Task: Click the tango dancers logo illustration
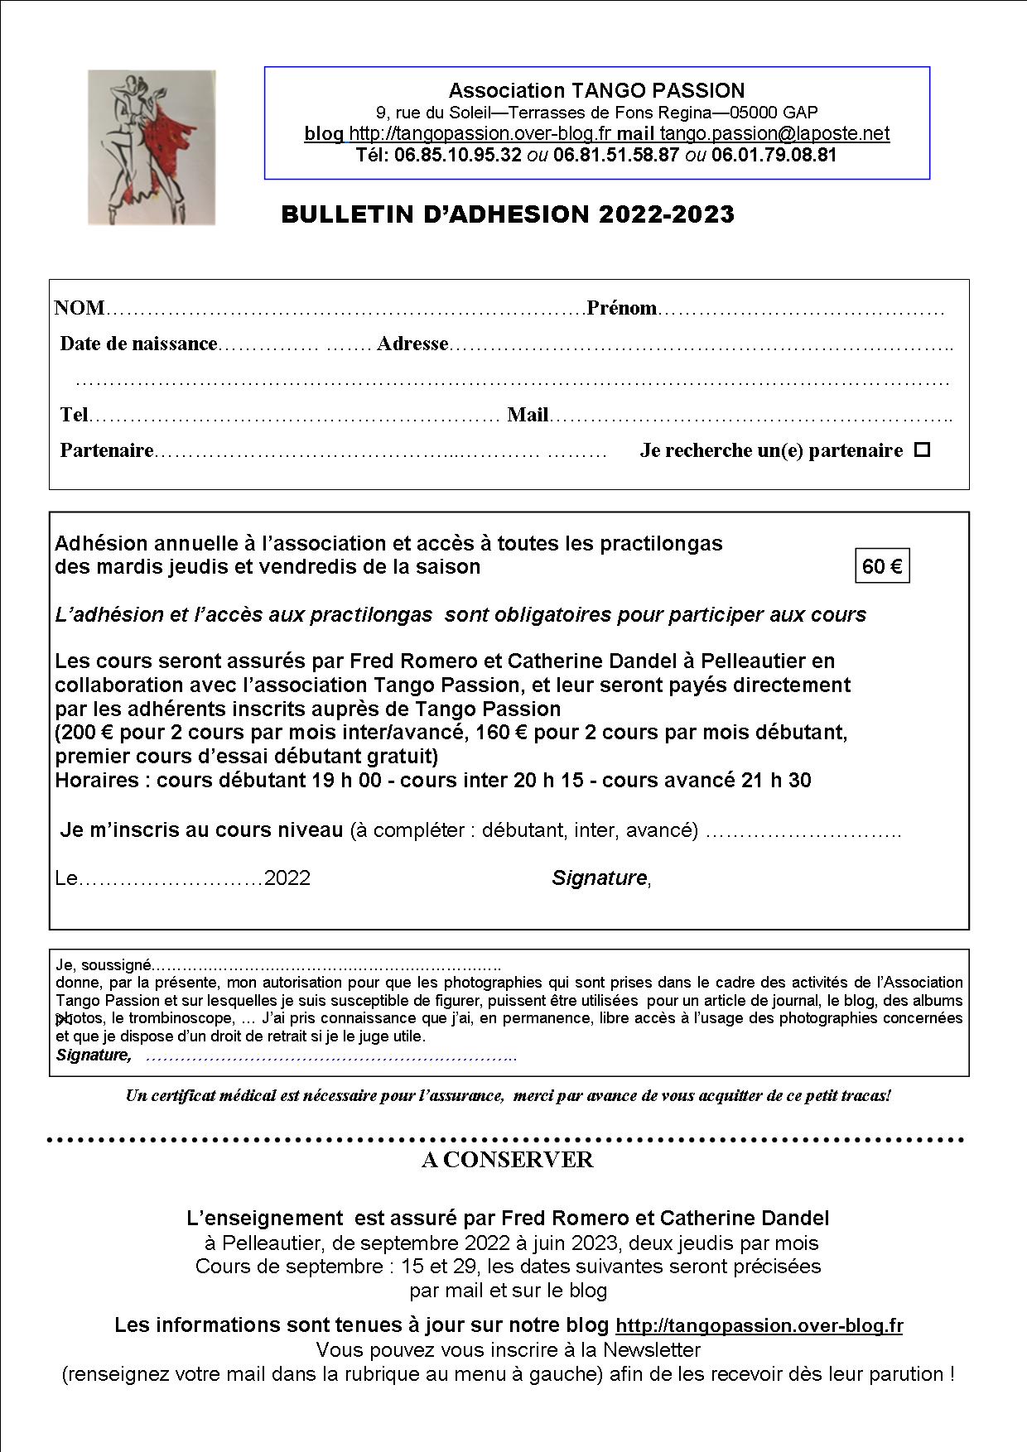point(152,147)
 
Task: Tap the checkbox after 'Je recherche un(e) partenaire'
point(922,450)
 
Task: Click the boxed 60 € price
point(882,566)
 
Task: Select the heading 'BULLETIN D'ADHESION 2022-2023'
point(508,214)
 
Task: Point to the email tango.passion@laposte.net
point(774,133)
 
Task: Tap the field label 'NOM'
point(79,309)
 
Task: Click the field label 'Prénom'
point(621,309)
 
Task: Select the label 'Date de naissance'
point(138,344)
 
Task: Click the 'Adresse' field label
point(412,344)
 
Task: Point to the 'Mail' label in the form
point(528,415)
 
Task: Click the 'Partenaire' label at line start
point(107,450)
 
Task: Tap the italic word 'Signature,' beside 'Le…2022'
point(600,877)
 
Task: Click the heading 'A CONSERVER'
point(508,1160)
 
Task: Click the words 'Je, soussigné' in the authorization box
point(104,964)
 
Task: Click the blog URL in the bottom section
point(759,1325)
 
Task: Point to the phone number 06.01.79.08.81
point(774,155)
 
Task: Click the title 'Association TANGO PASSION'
point(596,90)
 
